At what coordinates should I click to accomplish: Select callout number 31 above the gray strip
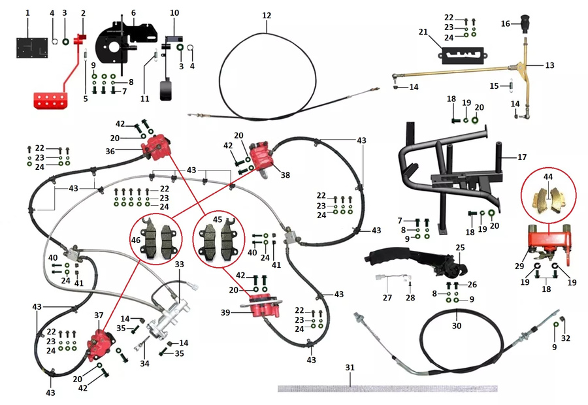pos(350,368)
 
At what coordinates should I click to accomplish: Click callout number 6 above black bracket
pos(133,13)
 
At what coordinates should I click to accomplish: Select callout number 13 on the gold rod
pos(549,65)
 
